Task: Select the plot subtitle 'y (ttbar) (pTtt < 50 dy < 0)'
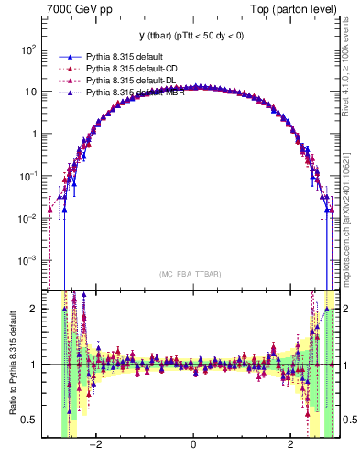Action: point(192,36)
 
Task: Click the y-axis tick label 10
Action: point(30,92)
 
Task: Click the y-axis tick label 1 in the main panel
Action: point(34,134)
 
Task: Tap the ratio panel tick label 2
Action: point(35,309)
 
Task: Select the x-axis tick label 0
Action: point(192,446)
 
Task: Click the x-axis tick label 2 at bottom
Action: point(289,446)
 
